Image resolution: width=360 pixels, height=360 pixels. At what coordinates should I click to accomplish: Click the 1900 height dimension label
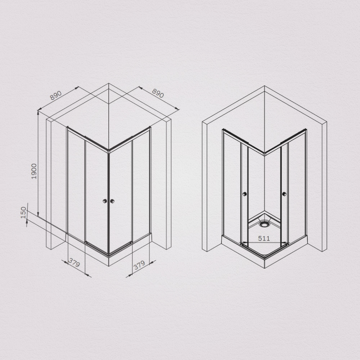tap(34, 172)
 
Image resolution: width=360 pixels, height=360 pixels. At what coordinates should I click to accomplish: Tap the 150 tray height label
tap(24, 212)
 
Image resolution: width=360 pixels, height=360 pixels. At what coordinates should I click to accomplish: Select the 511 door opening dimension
tap(264, 238)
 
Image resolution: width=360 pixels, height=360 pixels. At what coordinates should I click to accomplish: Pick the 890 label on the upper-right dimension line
tap(158, 93)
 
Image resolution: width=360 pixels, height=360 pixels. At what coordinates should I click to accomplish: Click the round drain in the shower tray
tap(265, 224)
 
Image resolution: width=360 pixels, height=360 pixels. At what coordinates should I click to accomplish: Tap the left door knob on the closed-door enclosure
tap(105, 201)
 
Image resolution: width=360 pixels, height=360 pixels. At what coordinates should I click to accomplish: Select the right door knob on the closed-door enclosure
tap(112, 201)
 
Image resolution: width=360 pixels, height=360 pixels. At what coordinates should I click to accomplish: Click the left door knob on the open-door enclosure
tap(244, 194)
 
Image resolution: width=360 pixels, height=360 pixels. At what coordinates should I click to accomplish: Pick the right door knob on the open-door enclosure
tap(284, 194)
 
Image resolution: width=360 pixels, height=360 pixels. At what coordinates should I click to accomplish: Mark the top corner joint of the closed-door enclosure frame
tap(108, 152)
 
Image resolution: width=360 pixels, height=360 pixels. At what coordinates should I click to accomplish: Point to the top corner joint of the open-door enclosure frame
tap(265, 154)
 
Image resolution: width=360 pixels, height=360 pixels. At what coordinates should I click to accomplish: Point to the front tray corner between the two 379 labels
tap(108, 256)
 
